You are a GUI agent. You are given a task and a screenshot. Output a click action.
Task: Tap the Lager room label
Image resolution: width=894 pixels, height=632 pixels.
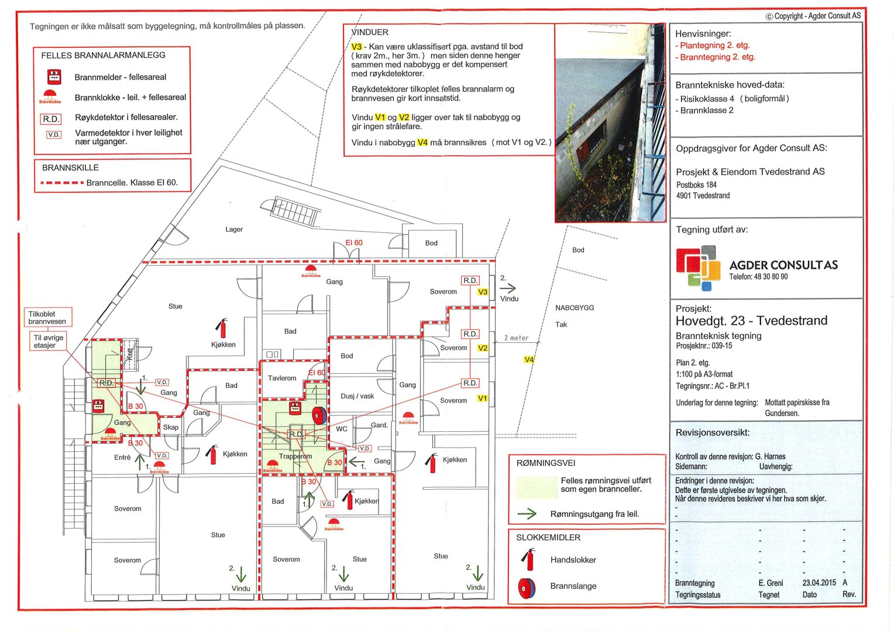[234, 229]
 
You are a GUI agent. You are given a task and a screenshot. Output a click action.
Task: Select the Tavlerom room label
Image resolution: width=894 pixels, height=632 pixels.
[282, 378]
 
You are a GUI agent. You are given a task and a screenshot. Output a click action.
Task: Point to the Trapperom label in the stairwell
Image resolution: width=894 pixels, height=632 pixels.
[295, 456]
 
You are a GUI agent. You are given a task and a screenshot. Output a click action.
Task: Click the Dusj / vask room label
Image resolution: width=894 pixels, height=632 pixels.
[357, 396]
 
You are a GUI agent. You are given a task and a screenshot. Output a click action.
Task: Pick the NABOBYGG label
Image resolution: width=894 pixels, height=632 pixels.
[575, 308]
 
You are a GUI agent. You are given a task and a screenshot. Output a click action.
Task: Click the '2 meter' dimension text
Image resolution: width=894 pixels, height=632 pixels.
[517, 338]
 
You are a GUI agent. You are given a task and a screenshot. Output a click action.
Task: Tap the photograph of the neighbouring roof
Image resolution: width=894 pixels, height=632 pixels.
[610, 123]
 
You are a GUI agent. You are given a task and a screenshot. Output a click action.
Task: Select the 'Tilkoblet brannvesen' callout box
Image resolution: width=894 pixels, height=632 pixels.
[47, 318]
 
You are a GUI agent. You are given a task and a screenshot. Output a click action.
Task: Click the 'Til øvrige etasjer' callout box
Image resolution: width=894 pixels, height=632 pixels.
[49, 341]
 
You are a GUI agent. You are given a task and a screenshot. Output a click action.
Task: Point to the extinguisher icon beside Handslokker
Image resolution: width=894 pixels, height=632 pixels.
[528, 559]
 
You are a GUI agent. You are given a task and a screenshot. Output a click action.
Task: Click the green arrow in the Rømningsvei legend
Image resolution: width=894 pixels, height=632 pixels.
[527, 514]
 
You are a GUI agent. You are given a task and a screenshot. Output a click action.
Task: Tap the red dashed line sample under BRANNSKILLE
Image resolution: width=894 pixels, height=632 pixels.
[61, 183]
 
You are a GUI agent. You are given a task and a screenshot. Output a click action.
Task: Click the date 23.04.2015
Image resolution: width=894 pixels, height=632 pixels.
[819, 583]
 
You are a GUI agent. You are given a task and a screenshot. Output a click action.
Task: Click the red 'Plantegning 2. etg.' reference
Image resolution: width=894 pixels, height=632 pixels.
[714, 45]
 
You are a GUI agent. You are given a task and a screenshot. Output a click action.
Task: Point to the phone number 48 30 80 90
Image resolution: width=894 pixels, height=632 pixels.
[758, 277]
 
